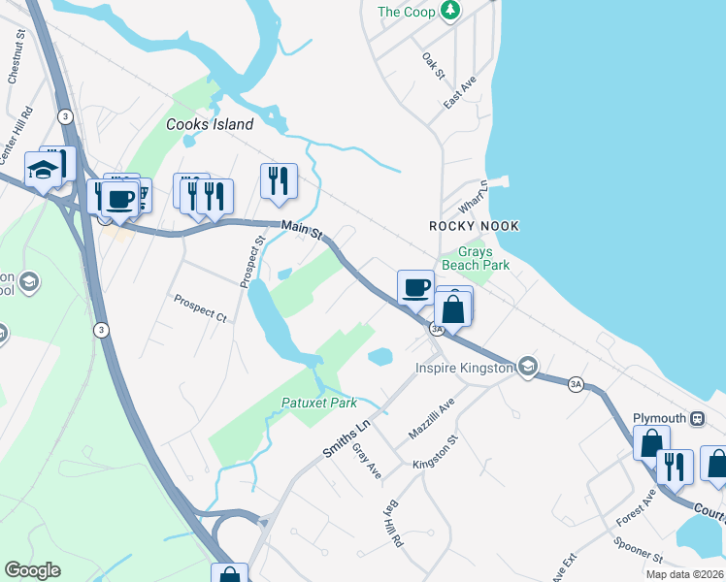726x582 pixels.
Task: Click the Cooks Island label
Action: tap(210, 124)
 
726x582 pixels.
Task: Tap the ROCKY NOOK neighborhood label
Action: tap(475, 226)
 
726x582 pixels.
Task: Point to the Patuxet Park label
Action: tap(319, 403)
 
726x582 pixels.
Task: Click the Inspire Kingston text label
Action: tap(464, 368)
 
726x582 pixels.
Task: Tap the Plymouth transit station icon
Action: tap(697, 419)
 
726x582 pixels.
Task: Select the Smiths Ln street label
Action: tap(346, 438)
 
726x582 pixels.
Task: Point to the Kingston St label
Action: tap(440, 451)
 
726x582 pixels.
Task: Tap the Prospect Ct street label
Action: tap(200, 308)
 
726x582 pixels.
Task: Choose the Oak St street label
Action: tap(433, 66)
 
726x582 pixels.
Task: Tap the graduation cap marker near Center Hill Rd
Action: tap(43, 171)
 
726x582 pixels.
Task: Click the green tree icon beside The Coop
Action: tap(449, 12)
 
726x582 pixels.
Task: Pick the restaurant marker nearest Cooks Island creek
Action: tap(279, 179)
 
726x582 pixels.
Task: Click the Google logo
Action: tap(33, 570)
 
